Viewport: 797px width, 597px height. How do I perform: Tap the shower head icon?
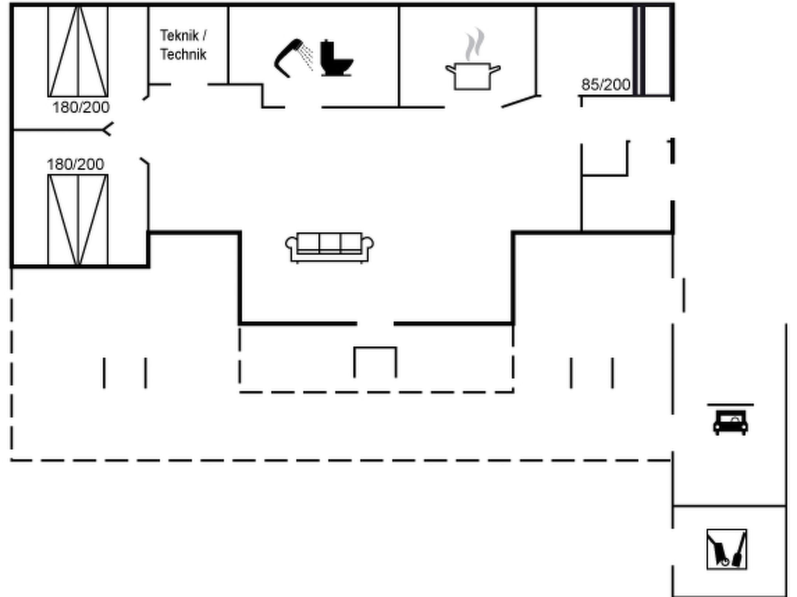(289, 58)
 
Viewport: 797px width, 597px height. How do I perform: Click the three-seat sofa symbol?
(330, 248)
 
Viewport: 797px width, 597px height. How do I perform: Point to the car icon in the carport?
(730, 422)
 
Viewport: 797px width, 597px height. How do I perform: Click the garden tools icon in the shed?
(727, 549)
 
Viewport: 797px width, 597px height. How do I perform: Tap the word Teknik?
(179, 36)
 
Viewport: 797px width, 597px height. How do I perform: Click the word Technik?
(183, 54)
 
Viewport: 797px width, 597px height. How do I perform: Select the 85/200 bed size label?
(606, 85)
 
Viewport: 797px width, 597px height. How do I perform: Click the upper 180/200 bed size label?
(81, 108)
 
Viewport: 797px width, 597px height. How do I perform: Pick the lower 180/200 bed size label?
(75, 164)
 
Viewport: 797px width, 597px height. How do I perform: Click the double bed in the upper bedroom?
(78, 51)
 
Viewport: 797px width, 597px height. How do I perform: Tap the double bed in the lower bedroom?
(78, 220)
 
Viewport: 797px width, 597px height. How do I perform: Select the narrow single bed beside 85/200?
(639, 51)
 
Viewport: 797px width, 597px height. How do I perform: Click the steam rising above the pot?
(475, 44)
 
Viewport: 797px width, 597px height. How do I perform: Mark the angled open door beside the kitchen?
(520, 101)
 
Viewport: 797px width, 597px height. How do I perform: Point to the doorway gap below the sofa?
(375, 323)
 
